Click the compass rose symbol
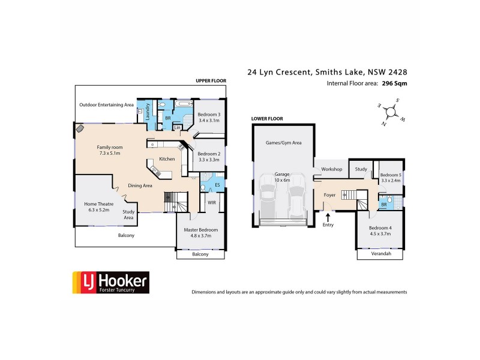pyautogui.click(x=391, y=112)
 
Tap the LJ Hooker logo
pyautogui.click(x=110, y=281)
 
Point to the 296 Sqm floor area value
pyautogui.click(x=394, y=84)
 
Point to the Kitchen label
pyautogui.click(x=167, y=159)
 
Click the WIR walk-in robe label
pyautogui.click(x=211, y=203)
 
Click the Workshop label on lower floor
pyautogui.click(x=331, y=169)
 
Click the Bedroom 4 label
pyautogui.click(x=379, y=231)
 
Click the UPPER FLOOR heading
pyautogui.click(x=210, y=80)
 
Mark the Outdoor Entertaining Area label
pyautogui.click(x=106, y=105)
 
